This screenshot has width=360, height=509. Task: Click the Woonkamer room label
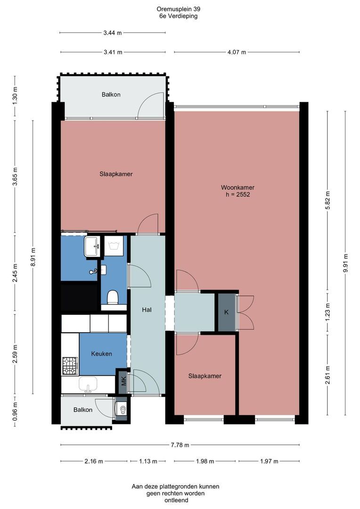pos(237,187)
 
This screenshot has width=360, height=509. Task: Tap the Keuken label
pos(102,354)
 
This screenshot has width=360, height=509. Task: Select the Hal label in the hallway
pos(147,310)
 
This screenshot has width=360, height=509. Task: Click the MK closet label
pos(123,380)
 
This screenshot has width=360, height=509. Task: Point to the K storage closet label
pos(227,312)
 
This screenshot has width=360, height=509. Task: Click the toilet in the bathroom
pos(113,297)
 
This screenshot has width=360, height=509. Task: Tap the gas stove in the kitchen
pos(70,366)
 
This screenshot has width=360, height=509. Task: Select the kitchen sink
pos(88,384)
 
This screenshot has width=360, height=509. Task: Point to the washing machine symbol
pos(114,246)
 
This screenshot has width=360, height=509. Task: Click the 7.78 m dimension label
pos(180,445)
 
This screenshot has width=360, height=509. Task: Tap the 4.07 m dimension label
pos(237,52)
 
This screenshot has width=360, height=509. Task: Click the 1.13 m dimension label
pos(148,461)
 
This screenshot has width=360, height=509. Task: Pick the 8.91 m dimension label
pos(33,257)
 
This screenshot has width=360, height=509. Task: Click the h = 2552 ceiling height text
pos(238,195)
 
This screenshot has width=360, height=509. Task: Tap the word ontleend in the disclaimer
pos(176,500)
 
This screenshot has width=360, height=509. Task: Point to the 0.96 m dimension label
pos(15,411)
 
